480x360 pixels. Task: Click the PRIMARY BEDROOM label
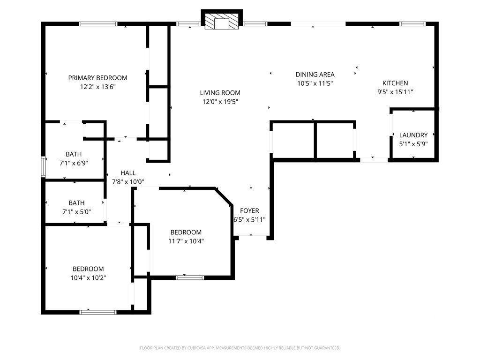(x=97, y=78)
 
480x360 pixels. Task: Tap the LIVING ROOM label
(x=220, y=93)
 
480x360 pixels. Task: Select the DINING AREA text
(x=315, y=75)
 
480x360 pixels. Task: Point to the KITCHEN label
(x=395, y=83)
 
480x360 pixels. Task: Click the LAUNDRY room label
(x=413, y=135)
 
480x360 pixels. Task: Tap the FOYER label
(x=249, y=210)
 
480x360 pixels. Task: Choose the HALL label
(x=128, y=173)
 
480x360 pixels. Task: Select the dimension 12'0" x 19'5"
(x=220, y=102)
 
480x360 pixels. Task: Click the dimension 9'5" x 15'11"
(x=395, y=92)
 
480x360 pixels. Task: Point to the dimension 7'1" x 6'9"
(x=74, y=163)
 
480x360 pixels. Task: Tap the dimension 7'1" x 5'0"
(x=76, y=212)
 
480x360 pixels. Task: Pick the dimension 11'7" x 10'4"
(x=186, y=241)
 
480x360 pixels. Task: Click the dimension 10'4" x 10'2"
(x=88, y=278)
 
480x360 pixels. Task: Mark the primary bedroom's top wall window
(x=98, y=24)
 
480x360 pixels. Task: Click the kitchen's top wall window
(x=412, y=24)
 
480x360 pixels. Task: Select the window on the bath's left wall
(x=43, y=167)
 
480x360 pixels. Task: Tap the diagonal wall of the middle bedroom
(x=224, y=197)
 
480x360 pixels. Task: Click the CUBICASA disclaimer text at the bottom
(x=240, y=348)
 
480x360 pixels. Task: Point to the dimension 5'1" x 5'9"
(x=413, y=144)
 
